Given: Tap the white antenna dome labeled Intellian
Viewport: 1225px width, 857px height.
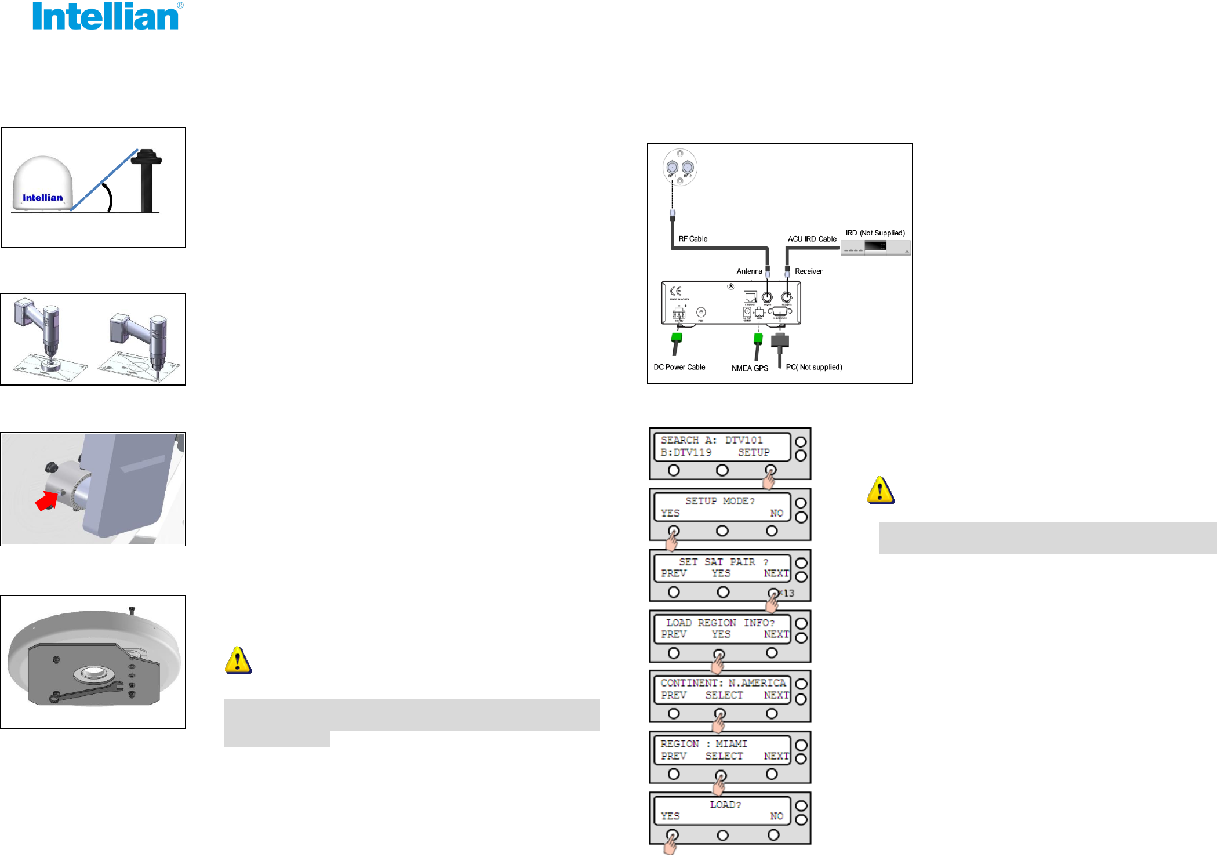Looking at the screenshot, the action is pyautogui.click(x=43, y=184).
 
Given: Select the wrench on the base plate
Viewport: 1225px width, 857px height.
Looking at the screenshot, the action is pyautogui.click(x=87, y=692).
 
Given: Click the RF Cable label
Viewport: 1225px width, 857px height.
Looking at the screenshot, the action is pyautogui.click(x=693, y=239).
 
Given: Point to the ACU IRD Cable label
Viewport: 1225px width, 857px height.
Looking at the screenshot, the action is pyautogui.click(x=812, y=239).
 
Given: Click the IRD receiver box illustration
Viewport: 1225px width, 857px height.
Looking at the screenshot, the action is pyautogui.click(x=875, y=248).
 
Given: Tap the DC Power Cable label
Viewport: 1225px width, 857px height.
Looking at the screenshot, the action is pyautogui.click(x=679, y=367).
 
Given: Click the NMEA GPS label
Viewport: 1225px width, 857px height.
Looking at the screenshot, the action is pyautogui.click(x=750, y=368).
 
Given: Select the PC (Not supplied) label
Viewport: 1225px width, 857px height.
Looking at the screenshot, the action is pyautogui.click(x=814, y=367).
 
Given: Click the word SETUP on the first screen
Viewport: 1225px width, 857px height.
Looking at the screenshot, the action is pyautogui.click(x=754, y=452).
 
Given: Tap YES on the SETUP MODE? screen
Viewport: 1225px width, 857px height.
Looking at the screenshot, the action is pyautogui.click(x=670, y=513).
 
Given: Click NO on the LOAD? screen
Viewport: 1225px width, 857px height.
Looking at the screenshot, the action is pyautogui.click(x=777, y=816).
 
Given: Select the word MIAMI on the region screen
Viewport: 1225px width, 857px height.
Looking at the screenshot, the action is pyautogui.click(x=731, y=744).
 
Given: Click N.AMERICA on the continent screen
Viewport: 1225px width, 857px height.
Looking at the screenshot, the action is pyautogui.click(x=757, y=683).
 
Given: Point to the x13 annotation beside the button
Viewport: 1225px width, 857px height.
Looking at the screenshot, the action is pyautogui.click(x=787, y=593).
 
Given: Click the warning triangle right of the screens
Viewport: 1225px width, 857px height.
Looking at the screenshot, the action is pyautogui.click(x=881, y=491).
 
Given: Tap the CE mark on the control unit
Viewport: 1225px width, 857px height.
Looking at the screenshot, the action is pyautogui.click(x=676, y=291).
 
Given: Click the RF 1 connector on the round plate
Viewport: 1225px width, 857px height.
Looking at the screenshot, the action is pyautogui.click(x=673, y=168).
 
